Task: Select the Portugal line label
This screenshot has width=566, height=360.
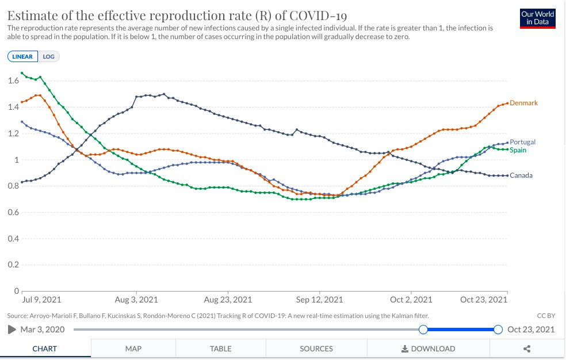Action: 522,142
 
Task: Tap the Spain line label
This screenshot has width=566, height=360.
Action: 518,150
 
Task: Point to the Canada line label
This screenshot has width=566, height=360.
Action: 521,175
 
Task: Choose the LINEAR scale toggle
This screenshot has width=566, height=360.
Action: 23,56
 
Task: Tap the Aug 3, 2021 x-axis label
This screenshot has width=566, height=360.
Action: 136,300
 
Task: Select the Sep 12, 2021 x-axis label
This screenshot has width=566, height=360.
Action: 319,300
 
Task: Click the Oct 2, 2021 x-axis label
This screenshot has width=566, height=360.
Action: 411,300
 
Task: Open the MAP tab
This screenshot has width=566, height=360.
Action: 133,348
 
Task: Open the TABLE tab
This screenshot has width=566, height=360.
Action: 221,348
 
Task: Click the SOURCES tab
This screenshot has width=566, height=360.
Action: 316,348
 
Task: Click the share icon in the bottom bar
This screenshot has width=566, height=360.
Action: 527,348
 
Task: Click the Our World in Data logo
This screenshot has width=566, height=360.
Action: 537,18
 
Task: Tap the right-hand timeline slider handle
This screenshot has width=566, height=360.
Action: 498,330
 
